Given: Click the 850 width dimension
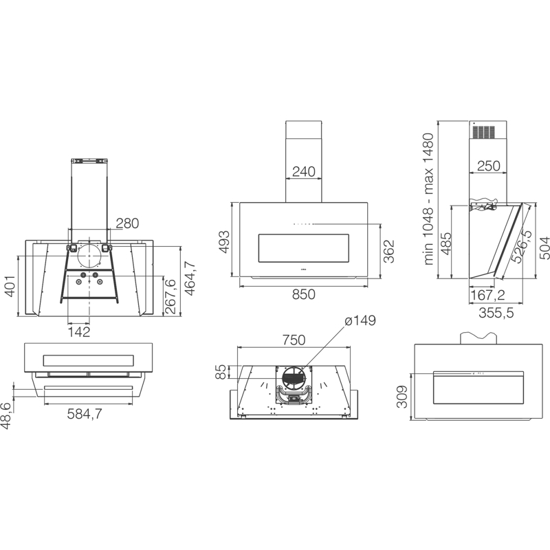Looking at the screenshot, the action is (x=303, y=294).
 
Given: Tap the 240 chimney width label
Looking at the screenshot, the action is (x=304, y=171).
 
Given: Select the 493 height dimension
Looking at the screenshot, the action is (x=224, y=241).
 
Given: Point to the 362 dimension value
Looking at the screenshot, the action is (x=388, y=251).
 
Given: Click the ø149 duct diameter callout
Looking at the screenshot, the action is (x=360, y=320).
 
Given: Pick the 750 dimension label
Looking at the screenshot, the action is (x=294, y=340).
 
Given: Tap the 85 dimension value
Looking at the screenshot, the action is (x=221, y=372).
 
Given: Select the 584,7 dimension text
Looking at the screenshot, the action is (x=85, y=415).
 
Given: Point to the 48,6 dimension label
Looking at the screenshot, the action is (x=5, y=416).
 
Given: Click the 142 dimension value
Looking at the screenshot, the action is (x=79, y=331).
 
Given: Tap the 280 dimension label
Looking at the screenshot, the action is (x=127, y=223).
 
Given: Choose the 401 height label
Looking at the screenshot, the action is (x=10, y=286).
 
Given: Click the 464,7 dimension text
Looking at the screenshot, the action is (x=190, y=278).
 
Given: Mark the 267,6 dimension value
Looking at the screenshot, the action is (x=170, y=297).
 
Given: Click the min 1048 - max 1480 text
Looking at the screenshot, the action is (x=428, y=199).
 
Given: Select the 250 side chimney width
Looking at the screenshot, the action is (x=489, y=166).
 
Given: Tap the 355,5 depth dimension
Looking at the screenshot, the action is (x=496, y=313).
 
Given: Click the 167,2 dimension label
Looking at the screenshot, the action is (x=487, y=296).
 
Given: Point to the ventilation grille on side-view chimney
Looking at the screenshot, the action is (x=483, y=132).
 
